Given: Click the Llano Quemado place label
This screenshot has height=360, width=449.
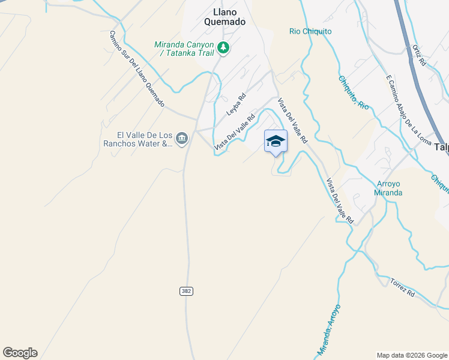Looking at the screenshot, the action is point(229,16).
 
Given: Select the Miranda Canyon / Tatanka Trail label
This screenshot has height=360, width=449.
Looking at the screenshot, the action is point(184,48).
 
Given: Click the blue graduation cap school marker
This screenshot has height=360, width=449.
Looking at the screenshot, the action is point(276,141).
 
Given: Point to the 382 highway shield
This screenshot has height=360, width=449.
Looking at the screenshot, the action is point(185,290).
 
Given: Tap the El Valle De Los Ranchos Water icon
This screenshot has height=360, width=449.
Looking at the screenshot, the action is point(182,139).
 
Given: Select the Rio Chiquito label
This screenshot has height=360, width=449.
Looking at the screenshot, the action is point(310,31).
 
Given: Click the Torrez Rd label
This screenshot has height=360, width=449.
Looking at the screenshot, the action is point(402,287).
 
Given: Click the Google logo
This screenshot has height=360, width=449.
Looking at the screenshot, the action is point(20,352).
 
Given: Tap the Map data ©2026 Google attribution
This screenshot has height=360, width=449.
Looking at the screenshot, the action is point(411,355).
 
